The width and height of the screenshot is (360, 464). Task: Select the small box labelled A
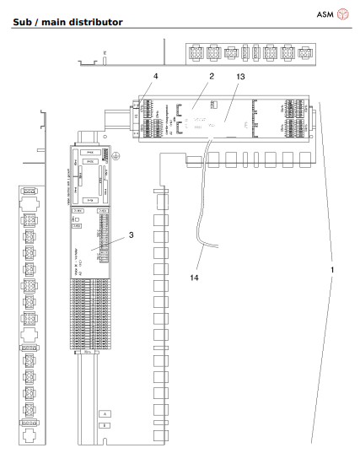pyautogui.click(x=104, y=414)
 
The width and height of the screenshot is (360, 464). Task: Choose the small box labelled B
pyautogui.click(x=104, y=426)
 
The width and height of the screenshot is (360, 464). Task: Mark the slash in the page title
pyautogui.click(x=40, y=20)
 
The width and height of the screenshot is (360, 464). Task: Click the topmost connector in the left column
pyautogui.click(x=29, y=190)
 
